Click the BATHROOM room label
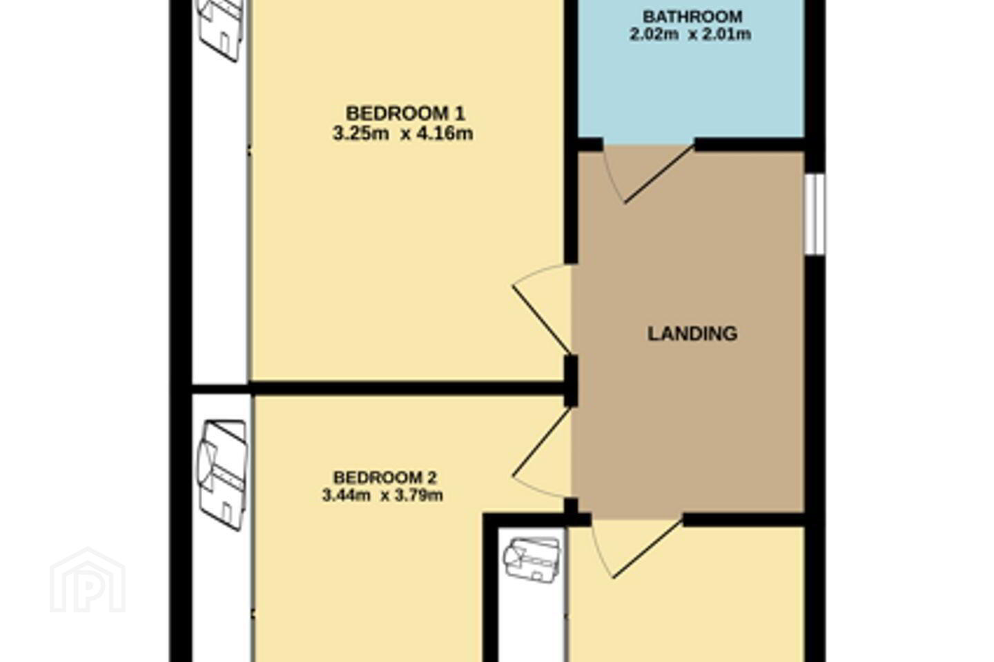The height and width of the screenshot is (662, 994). point(692,17)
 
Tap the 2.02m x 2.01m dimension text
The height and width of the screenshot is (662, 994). point(690,34)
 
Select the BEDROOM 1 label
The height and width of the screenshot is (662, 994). point(405,114)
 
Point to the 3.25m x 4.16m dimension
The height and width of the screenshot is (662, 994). point(403,134)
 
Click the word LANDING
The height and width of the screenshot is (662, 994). point(692,334)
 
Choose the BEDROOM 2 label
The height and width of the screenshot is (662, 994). point(384,478)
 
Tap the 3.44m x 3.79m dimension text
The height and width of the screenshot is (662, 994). point(382,495)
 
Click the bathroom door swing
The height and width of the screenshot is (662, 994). point(648,174)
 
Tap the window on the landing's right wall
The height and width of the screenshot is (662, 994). point(815,214)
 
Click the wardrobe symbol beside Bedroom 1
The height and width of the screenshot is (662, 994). point(222,29)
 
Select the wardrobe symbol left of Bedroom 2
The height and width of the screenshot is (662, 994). point(222,474)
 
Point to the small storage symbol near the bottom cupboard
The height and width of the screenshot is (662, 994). point(532,559)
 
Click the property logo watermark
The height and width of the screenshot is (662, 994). point(88,580)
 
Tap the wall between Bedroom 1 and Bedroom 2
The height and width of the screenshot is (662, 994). point(377,388)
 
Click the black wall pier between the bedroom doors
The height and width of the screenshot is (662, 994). point(571,381)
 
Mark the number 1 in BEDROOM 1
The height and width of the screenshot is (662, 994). point(459,114)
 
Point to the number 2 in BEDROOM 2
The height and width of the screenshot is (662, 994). point(432,478)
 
